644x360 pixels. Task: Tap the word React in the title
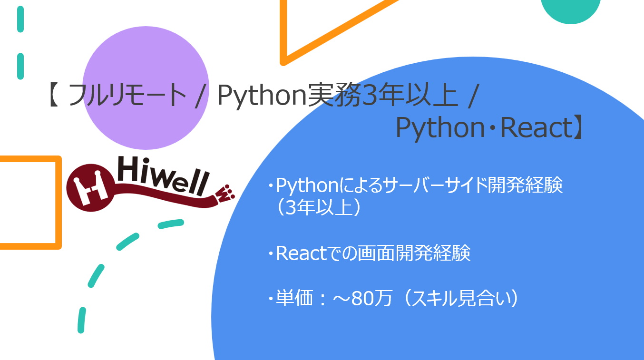tap(536, 128)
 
